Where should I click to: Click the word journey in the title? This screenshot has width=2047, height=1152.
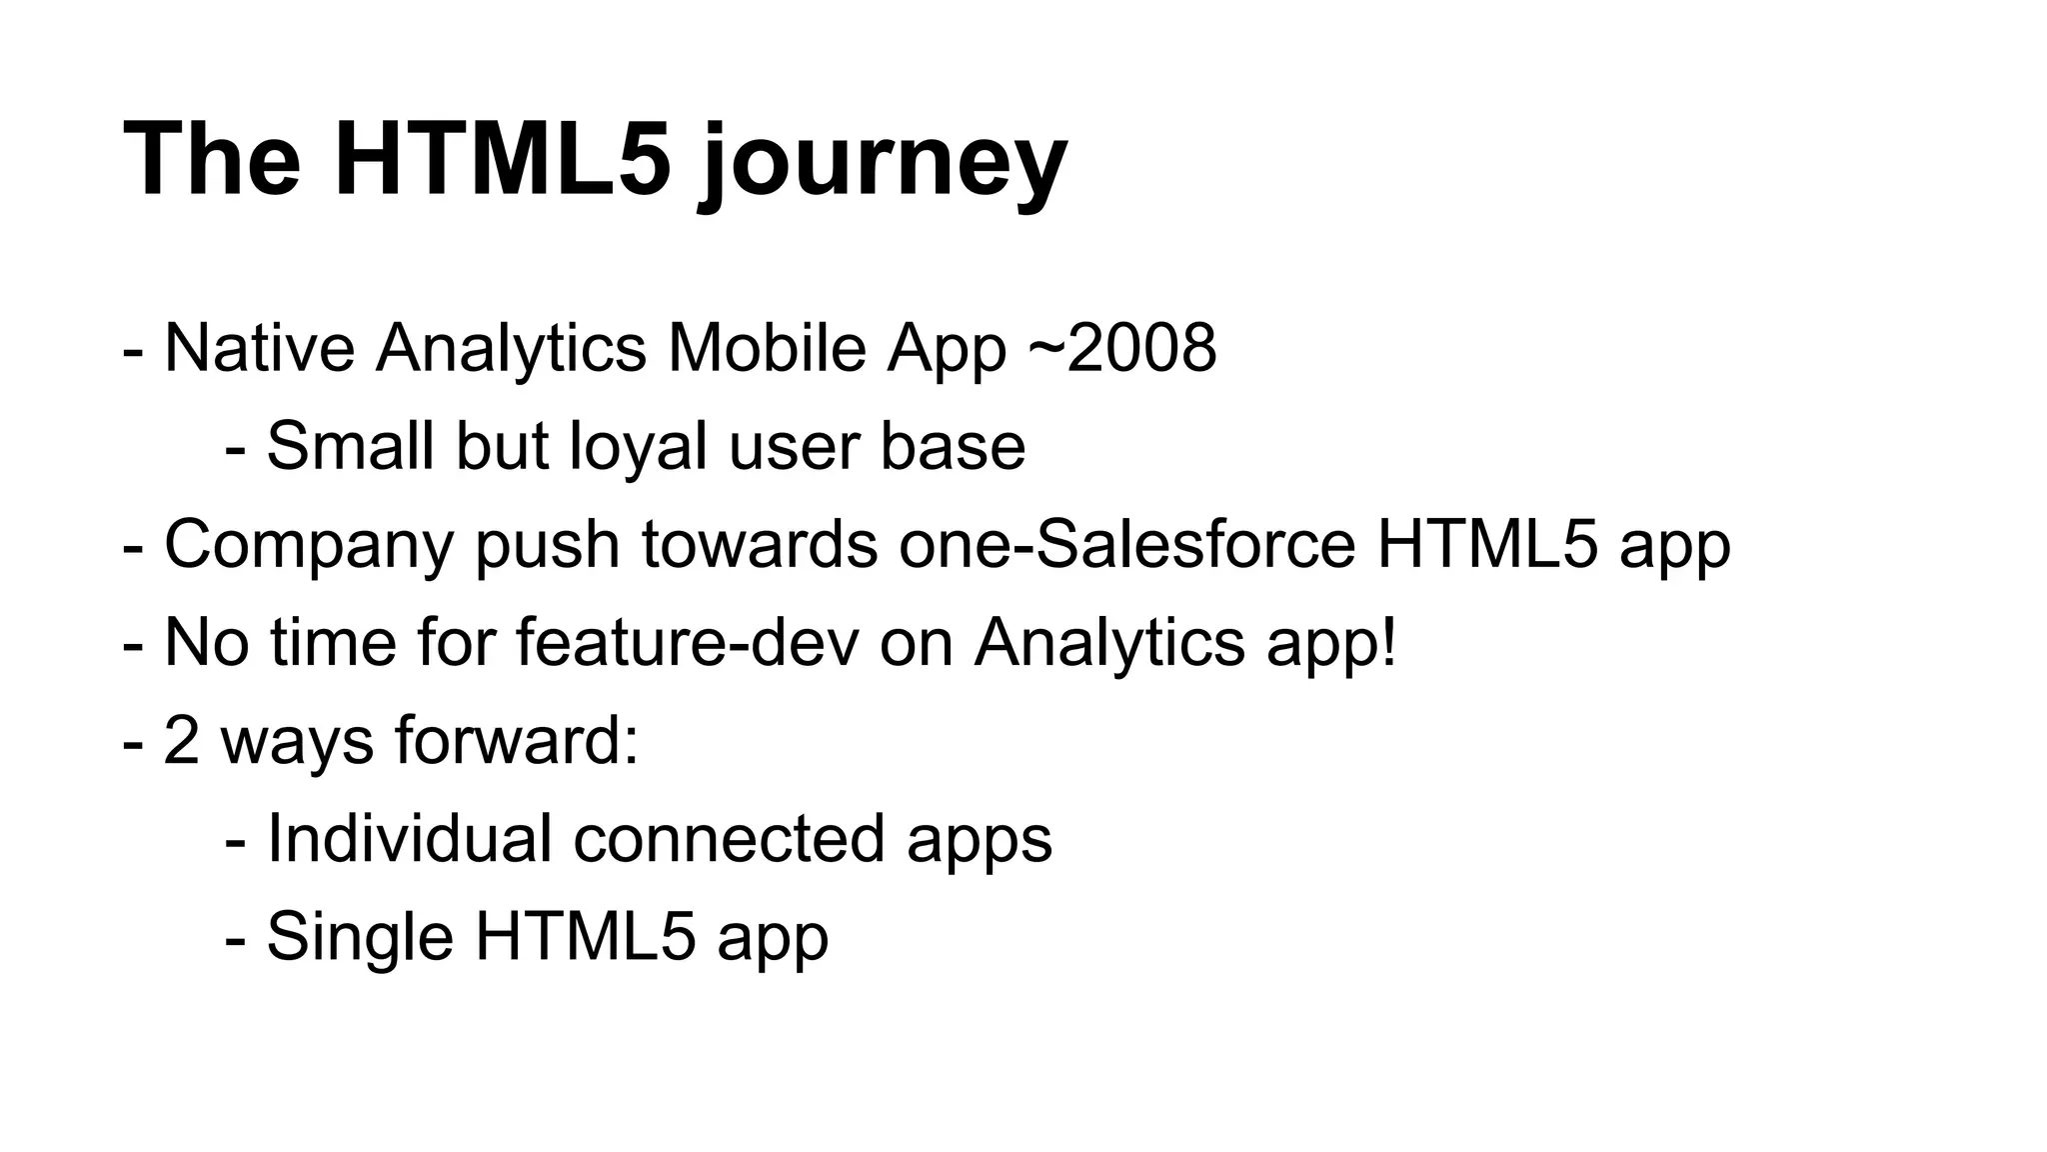tap(883, 163)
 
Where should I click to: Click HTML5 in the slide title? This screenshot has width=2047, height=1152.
tap(503, 160)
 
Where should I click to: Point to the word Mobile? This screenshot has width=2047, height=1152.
tap(766, 348)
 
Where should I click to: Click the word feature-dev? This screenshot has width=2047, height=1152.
tap(687, 642)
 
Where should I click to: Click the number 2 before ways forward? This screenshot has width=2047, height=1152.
tap(181, 740)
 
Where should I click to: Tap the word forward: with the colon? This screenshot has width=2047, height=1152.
tap(516, 740)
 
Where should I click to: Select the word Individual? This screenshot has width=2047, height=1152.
tap(409, 838)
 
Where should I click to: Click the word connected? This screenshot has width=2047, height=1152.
tap(729, 838)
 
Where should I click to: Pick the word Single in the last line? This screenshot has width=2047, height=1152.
tap(359, 938)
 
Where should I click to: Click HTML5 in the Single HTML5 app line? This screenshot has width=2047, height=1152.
tap(584, 936)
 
